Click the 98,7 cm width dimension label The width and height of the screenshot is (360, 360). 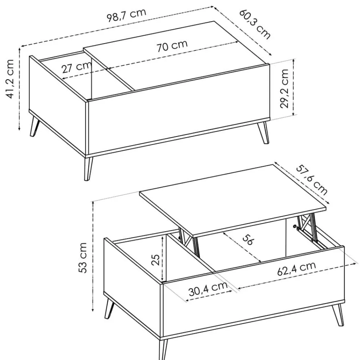126,15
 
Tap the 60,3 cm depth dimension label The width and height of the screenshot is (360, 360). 255,24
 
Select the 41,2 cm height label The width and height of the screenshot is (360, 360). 10,79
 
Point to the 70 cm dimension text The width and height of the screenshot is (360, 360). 172,45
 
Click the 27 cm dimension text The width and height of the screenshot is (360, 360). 77,68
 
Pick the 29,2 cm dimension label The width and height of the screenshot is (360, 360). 284,89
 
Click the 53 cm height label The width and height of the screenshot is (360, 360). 83,258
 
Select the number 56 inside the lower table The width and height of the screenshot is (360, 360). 248,240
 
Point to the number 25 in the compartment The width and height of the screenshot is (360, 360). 156,260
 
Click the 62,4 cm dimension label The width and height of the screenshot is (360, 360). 297,269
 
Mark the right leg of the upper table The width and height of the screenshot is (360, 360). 264,133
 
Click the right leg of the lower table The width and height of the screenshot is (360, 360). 338,315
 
